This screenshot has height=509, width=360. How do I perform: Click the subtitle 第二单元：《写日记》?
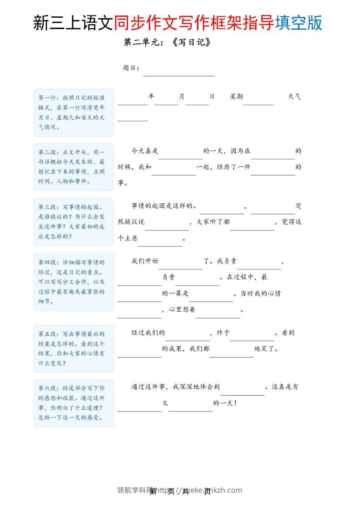tap(167, 43)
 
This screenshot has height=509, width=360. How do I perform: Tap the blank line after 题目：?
tap(179, 73)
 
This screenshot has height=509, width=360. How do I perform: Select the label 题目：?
tap(131, 68)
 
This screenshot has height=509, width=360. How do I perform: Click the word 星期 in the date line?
tap(237, 97)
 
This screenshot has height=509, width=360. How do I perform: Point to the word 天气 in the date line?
tap(294, 97)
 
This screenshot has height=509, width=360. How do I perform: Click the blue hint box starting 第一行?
tap(74, 113)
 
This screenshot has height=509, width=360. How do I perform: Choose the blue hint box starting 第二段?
tap(74, 167)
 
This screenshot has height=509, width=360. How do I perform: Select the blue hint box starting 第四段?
tap(74, 282)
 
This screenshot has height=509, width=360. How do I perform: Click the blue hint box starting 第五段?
tap(74, 348)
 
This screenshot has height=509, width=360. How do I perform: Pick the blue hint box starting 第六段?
tap(74, 403)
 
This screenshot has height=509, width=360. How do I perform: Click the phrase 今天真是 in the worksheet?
tap(145, 151)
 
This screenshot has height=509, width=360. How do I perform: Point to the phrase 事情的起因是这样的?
tap(164, 206)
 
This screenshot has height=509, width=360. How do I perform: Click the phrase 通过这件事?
tap(150, 387)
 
